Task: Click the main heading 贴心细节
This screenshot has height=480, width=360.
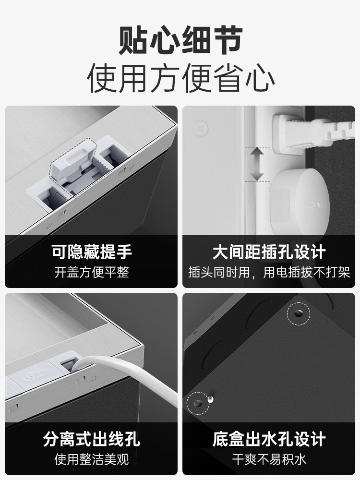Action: click(180, 41)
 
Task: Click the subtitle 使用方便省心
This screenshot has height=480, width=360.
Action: click(180, 78)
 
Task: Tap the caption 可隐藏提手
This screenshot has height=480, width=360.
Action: click(91, 252)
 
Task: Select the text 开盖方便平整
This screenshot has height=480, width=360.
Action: click(91, 273)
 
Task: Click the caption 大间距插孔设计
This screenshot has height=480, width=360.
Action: click(269, 252)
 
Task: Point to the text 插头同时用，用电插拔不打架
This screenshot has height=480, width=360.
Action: click(269, 273)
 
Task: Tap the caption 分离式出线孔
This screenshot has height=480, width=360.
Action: click(91, 439)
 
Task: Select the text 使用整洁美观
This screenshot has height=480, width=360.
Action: click(91, 460)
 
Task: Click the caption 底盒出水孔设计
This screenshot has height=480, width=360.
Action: click(269, 439)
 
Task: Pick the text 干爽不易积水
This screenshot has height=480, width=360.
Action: click(269, 460)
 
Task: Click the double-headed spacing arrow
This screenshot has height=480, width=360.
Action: click(258, 164)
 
